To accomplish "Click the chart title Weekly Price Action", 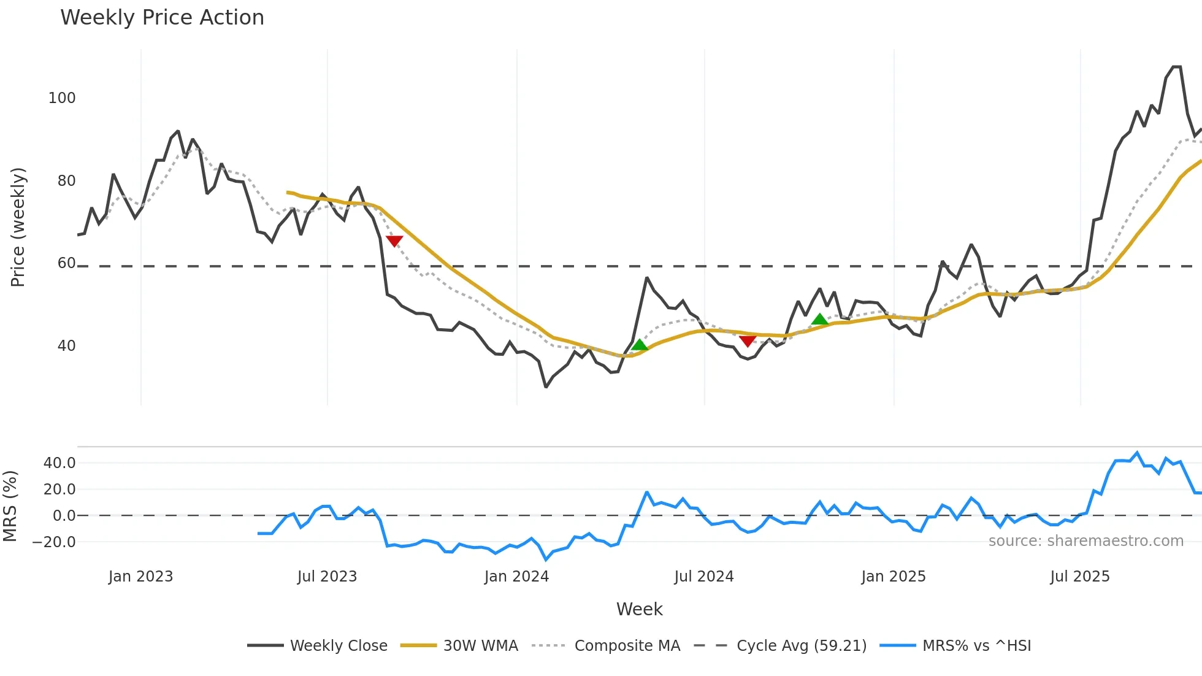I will coord(162,18).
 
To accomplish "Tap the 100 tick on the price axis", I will coord(62,98).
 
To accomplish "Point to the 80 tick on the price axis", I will coord(66,181).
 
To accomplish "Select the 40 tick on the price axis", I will coord(66,346).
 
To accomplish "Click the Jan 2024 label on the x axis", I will coord(516,577).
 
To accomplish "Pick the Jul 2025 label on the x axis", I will coord(1079,577).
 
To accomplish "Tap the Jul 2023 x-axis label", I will coord(327,577).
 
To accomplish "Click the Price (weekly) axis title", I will coord(18,227).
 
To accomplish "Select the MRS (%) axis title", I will coord(10,506).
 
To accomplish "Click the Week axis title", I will coord(639,609).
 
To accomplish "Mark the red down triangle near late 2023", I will coord(394,240).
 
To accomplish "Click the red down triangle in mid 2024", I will coord(747,340).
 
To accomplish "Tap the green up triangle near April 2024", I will coord(639,345).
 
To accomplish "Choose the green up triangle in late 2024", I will coord(819,319).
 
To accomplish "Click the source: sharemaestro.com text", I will coord(1085,541).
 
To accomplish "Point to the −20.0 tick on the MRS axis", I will coord(54,542).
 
